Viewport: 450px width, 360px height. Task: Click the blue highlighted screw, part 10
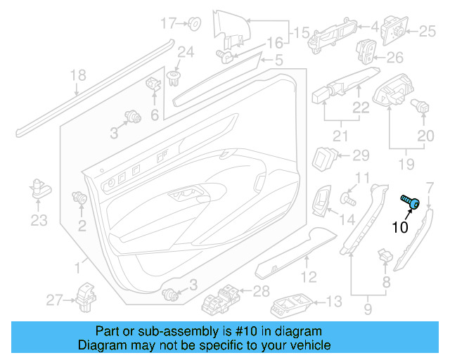[412, 202]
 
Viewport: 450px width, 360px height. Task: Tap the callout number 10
[399, 227]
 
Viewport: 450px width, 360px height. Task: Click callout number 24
[185, 51]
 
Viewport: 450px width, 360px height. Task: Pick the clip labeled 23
[39, 188]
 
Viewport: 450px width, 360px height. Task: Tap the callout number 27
[55, 300]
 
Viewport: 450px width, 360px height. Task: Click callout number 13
[333, 302]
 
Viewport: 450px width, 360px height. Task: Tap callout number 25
[428, 31]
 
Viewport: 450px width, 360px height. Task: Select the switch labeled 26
[367, 52]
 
